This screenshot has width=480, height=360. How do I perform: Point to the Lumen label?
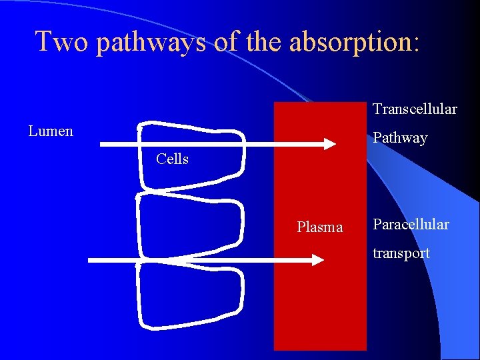pos(51,131)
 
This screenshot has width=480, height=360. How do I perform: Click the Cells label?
pos(172,159)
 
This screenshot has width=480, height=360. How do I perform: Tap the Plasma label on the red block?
pos(320,227)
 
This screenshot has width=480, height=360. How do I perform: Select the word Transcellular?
pos(415,108)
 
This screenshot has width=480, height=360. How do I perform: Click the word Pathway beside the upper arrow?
pos(400,138)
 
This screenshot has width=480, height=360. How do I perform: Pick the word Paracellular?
pos(411,224)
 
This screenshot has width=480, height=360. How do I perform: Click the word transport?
pos(401,253)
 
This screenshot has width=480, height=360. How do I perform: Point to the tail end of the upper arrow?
pos(101,143)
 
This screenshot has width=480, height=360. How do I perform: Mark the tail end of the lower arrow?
pos(90,260)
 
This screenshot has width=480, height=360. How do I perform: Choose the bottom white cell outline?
pos(190,297)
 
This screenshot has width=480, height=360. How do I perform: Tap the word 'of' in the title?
pos(228,41)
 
